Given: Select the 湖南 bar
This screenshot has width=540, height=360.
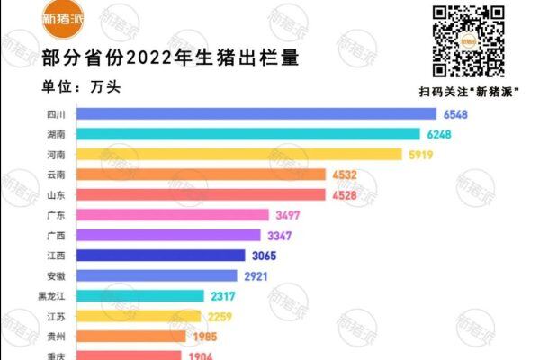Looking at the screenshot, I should pyautogui.click(x=248, y=134).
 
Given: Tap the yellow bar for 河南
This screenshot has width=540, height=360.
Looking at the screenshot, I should pyautogui.click(x=239, y=154).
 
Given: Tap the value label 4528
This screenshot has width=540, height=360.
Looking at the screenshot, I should pyautogui.click(x=345, y=194).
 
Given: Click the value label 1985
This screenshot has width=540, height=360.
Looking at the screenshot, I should pyautogui.click(x=206, y=336).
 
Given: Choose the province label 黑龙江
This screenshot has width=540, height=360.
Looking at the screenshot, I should pyautogui.click(x=50, y=295).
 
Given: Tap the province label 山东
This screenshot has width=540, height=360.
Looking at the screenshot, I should pyautogui.click(x=54, y=194).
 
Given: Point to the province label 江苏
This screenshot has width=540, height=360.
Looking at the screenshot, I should pyautogui.click(x=54, y=316).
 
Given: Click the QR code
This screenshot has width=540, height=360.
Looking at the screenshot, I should pyautogui.click(x=467, y=40).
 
